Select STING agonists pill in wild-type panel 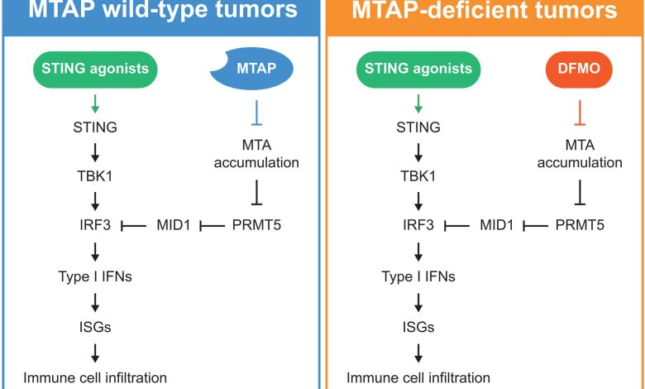coord(96,69)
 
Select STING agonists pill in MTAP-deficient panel coord(420,69)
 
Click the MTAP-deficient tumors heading coord(484,12)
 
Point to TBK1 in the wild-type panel coord(96,175)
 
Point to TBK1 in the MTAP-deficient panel coord(420,175)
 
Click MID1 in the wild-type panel coord(174,224)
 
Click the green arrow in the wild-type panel coord(96,103)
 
